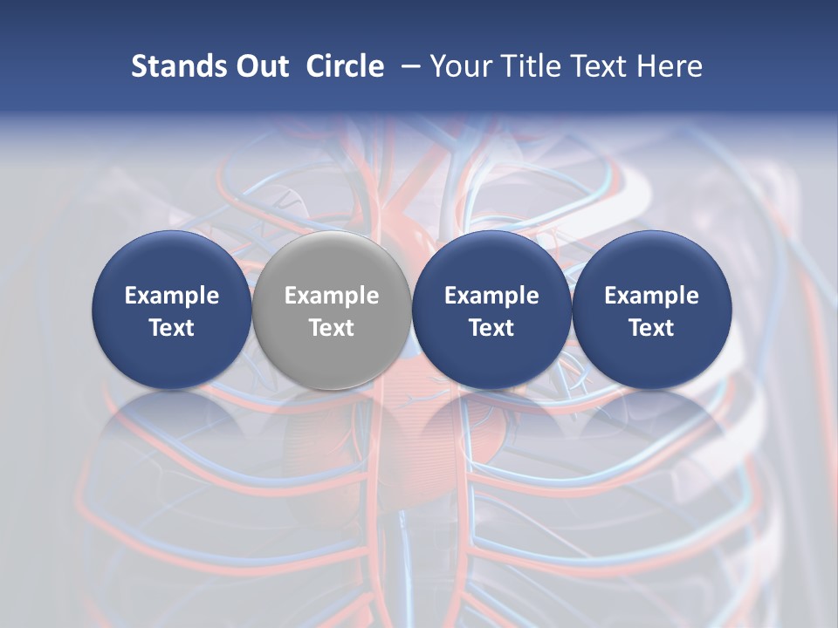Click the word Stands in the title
tap(177, 66)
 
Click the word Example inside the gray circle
tap(332, 296)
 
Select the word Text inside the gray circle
tap(332, 328)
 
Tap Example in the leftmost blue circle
tap(172, 296)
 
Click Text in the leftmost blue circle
tap(172, 328)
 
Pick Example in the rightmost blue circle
tap(651, 296)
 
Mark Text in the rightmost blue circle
tap(651, 328)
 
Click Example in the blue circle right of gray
tap(491, 296)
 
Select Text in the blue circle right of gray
tap(491, 328)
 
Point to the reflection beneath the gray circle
tap(332, 436)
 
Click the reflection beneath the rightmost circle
tap(651, 436)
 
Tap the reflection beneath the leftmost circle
tap(172, 436)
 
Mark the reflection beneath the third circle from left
tap(491, 436)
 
